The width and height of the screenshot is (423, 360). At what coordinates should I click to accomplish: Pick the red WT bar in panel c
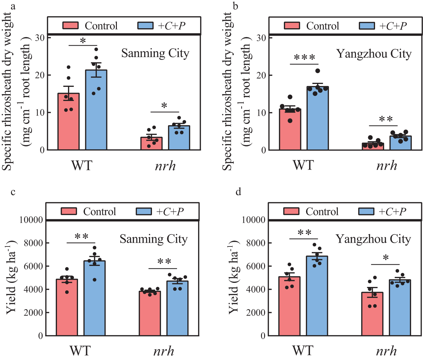tap(67, 307)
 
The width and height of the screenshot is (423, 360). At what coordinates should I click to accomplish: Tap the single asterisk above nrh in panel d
tap(386, 258)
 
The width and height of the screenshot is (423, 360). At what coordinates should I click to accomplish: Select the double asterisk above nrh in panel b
tap(386, 119)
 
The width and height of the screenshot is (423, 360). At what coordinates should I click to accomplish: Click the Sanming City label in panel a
tap(155, 53)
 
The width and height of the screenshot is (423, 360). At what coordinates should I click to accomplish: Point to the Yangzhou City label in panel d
tap(373, 239)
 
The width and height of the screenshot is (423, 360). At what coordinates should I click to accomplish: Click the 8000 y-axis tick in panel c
tap(32, 243)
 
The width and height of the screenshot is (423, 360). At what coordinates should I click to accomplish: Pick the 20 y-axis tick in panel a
tap(40, 75)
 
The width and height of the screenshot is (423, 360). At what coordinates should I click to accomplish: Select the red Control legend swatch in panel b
tap(292, 26)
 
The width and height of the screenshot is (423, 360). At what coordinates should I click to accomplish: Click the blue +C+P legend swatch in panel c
tap(144, 211)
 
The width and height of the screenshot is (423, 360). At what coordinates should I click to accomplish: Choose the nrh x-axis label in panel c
tap(164, 351)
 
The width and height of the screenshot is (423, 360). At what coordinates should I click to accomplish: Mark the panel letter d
tap(238, 191)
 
